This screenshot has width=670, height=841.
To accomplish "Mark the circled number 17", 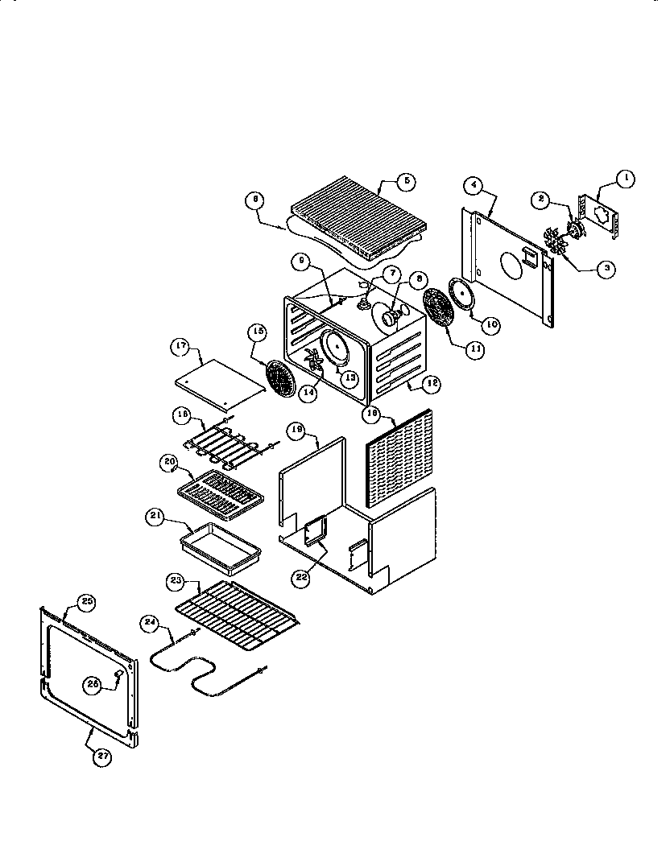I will coord(180,348).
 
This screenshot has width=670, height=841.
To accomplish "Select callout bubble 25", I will coord(85,601).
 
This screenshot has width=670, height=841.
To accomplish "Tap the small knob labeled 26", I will coord(119,672).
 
